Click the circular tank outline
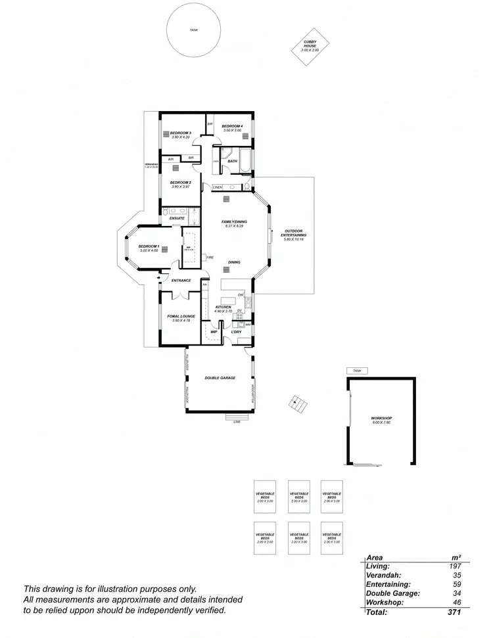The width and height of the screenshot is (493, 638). click(193, 30)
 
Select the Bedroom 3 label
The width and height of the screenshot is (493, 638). click(180, 133)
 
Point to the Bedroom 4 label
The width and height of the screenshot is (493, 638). click(232, 126)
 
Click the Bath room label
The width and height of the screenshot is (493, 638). click(233, 161)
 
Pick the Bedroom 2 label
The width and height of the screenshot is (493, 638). click(180, 183)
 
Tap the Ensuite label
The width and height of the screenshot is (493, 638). click(177, 218)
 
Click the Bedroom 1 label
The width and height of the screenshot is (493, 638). click(149, 246)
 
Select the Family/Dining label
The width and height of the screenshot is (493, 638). click(234, 222)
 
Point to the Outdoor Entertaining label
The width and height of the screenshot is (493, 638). click(295, 231)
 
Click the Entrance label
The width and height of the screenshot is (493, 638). click(181, 281)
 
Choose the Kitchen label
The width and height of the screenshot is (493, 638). click(224, 308)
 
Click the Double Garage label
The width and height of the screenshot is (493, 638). click(220, 378)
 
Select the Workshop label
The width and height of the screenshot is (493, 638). click(381, 418)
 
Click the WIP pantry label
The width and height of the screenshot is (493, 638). click(214, 332)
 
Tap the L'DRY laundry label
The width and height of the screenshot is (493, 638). click(236, 332)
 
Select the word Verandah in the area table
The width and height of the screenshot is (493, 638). click(383, 574)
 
